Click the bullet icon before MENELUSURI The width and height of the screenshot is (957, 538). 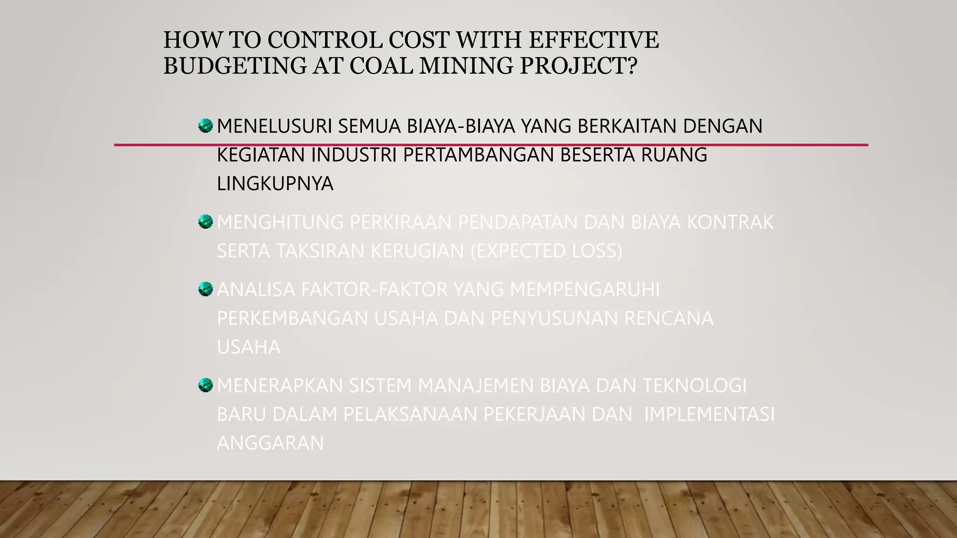pos(205,126)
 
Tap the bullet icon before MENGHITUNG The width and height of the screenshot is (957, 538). pos(205,221)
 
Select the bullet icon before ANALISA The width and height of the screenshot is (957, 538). pos(205,289)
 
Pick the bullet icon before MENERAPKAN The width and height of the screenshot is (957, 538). pos(205,385)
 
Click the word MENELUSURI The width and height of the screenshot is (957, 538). pos(274,127)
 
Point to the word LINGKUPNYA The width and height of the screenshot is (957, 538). pos(275,184)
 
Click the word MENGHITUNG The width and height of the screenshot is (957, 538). pos(280,222)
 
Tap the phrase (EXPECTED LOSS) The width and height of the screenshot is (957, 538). pos(546,251)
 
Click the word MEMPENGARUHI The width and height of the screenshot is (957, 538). pos(585,290)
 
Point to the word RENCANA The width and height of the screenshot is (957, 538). pos(669,319)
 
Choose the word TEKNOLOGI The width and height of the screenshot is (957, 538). pos(695,386)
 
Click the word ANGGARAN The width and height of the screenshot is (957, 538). pos(270,443)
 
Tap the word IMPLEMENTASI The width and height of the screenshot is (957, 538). pos(709,415)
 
